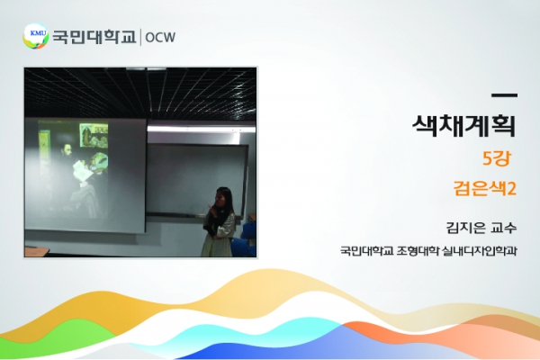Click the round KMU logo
[x=35, y=36]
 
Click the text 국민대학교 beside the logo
[x=94, y=37]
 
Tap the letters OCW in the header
[x=160, y=37]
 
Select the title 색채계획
[x=464, y=125]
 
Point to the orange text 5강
[x=497, y=158]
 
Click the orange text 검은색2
[x=485, y=188]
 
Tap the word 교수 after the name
[x=504, y=228]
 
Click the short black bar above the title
[x=504, y=95]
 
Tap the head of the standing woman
[x=223, y=197]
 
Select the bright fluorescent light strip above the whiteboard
[x=202, y=129]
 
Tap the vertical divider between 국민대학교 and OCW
[x=140, y=37]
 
